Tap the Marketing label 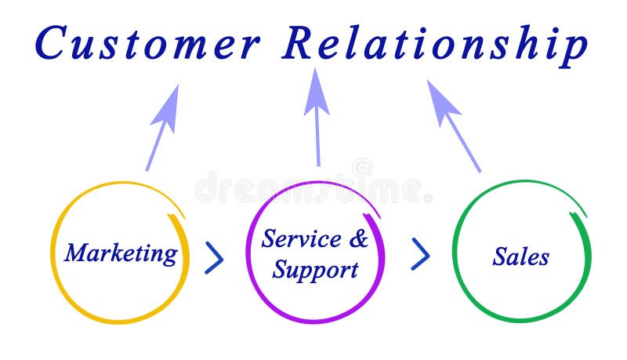[x=121, y=253]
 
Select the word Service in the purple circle [x=301, y=238]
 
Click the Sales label [x=521, y=256]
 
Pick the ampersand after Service [x=358, y=238]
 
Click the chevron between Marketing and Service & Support [x=214, y=257]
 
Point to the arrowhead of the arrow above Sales [x=441, y=99]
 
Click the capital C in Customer [x=53, y=44]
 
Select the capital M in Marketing [x=77, y=253]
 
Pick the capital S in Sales [x=499, y=256]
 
